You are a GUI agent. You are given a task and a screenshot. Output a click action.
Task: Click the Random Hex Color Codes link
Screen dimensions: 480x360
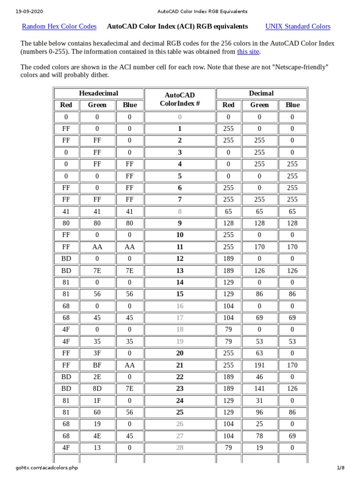(60, 26)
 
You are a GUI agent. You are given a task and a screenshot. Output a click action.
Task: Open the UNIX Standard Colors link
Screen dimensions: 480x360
(298, 26)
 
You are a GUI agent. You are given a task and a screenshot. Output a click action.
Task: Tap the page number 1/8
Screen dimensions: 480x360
(340, 468)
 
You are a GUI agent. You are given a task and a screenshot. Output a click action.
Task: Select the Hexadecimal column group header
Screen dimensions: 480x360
(98, 93)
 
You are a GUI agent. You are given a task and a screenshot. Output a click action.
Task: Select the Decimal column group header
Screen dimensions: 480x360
(262, 93)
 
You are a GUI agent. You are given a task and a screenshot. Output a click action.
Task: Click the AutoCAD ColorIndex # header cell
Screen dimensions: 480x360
(180, 99)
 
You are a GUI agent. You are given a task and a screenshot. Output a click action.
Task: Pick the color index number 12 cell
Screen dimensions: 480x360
(180, 259)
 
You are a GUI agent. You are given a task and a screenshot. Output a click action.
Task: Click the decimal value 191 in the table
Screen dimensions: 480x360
(259, 365)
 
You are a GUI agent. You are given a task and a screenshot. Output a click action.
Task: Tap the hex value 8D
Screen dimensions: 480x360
(97, 389)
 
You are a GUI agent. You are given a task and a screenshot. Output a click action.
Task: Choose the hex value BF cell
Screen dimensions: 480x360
(97, 365)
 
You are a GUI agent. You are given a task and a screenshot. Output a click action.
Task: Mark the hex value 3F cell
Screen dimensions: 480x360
(97, 353)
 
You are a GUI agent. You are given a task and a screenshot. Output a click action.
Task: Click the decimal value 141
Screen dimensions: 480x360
(259, 389)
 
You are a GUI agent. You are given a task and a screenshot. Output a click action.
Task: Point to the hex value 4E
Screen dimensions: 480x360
(97, 436)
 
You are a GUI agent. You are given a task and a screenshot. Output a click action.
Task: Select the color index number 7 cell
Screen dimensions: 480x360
(180, 200)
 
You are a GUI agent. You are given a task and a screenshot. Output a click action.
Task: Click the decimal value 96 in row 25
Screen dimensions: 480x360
(259, 412)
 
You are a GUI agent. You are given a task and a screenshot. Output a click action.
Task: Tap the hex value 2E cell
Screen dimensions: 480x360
(97, 377)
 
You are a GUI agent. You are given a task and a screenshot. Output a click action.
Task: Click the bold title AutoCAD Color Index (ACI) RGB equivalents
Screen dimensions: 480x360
(178, 26)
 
